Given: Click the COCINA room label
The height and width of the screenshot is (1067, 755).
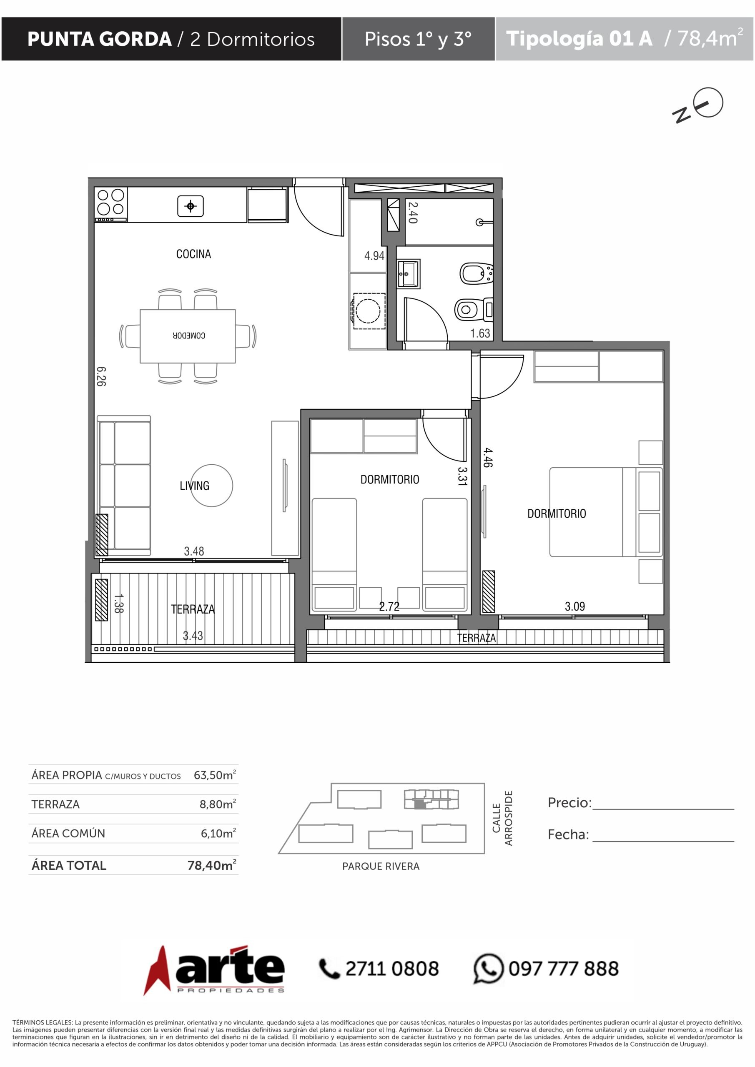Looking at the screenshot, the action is click(193, 254).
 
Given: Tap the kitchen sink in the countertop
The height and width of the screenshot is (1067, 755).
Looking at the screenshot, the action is click(191, 206).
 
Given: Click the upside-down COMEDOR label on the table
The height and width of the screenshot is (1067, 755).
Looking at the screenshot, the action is click(189, 336).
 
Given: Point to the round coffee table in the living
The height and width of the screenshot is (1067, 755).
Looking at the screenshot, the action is click(211, 485).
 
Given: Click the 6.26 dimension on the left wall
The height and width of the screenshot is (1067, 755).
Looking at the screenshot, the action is click(101, 376).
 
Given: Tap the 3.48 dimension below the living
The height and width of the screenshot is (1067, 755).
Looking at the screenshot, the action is click(194, 551).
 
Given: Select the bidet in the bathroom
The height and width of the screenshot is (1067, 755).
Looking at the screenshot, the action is click(476, 273).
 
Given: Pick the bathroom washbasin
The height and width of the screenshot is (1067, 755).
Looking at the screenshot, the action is click(409, 274).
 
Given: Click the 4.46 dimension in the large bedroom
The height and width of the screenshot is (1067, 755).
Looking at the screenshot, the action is click(487, 457).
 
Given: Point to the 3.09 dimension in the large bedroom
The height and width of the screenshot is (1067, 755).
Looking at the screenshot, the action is click(574, 606).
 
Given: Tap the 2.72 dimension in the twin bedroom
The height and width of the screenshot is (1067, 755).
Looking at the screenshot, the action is click(389, 606).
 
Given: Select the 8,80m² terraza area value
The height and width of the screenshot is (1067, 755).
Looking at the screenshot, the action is click(218, 804).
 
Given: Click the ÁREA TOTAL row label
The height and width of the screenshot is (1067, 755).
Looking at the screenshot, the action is click(69, 865).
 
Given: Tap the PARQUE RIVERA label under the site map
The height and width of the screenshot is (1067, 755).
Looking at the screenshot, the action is click(381, 866).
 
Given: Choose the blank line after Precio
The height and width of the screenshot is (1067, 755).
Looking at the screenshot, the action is click(663, 809).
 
